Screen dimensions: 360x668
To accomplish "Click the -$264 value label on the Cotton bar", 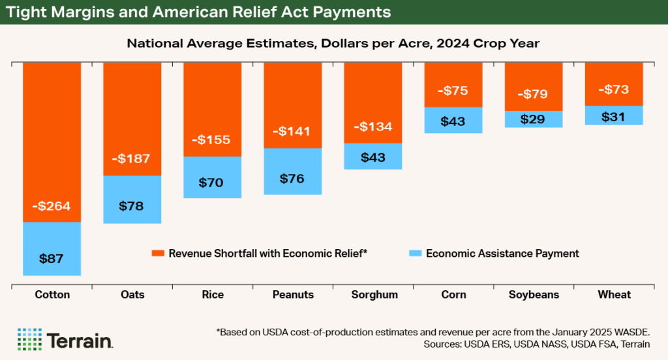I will point(52,207).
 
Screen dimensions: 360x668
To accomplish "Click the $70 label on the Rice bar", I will point(212,183).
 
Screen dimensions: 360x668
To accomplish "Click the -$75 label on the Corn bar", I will point(453,91).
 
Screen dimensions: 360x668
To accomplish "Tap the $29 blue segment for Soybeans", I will point(533,119).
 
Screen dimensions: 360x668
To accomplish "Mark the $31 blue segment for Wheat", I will point(614,115).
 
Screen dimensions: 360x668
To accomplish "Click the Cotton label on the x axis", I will point(52,295).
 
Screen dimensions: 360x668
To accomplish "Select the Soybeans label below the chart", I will point(533,295).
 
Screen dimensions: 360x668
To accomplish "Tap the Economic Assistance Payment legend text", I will point(502,253).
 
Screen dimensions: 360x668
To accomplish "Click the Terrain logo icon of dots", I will point(29,339).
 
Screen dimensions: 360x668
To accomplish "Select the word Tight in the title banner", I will point(27,12).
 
